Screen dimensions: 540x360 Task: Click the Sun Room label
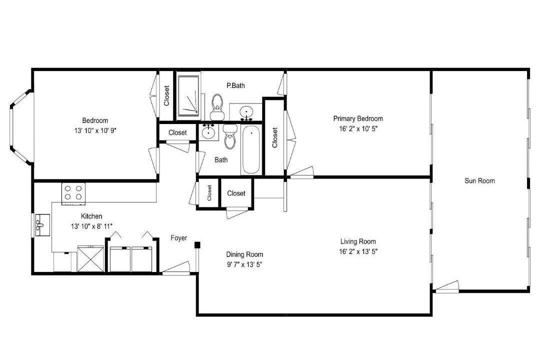click(479, 181)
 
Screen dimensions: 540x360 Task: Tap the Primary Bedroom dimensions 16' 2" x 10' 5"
click(358, 129)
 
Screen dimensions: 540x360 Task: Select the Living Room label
click(358, 241)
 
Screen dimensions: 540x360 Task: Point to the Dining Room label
click(244, 254)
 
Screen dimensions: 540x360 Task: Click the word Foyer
click(179, 238)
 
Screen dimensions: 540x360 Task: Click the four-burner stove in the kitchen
click(73, 193)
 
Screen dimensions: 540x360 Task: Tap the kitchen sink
click(42, 225)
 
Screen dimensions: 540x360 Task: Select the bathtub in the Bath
click(250, 150)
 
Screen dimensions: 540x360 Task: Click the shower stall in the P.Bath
click(188, 95)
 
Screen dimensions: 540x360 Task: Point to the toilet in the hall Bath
click(229, 136)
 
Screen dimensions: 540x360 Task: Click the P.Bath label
click(235, 85)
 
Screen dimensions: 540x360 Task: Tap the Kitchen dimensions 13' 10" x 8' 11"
click(91, 226)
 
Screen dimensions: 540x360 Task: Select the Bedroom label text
click(95, 120)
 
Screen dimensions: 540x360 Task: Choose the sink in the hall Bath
click(208, 131)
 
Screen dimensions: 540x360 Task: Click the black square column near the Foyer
click(197, 245)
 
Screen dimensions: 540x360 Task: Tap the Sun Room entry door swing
click(447, 287)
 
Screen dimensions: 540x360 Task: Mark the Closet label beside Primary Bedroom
click(275, 137)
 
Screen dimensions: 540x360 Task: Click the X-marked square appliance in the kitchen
click(90, 258)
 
